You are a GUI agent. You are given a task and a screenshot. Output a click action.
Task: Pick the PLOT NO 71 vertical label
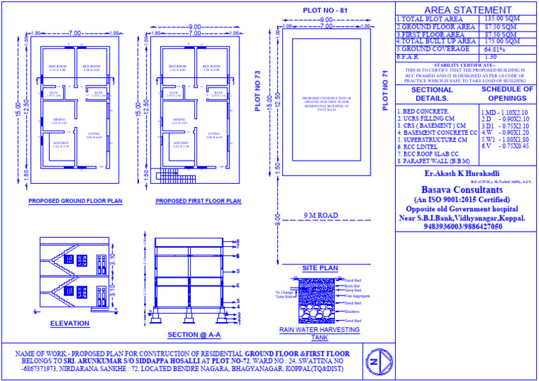(x=385, y=91)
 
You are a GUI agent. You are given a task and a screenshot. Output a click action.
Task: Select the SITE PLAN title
(x=320, y=269)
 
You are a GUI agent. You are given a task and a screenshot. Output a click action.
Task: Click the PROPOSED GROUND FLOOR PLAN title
(x=75, y=201)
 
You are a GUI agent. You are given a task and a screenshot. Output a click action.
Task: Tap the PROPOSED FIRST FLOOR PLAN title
(x=198, y=201)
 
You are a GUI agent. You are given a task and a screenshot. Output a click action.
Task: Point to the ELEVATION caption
(x=69, y=323)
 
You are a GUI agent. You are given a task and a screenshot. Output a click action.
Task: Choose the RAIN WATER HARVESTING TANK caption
(x=319, y=333)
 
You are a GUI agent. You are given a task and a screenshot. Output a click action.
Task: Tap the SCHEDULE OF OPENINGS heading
(x=507, y=94)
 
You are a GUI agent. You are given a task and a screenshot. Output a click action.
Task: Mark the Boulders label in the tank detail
(x=352, y=311)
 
